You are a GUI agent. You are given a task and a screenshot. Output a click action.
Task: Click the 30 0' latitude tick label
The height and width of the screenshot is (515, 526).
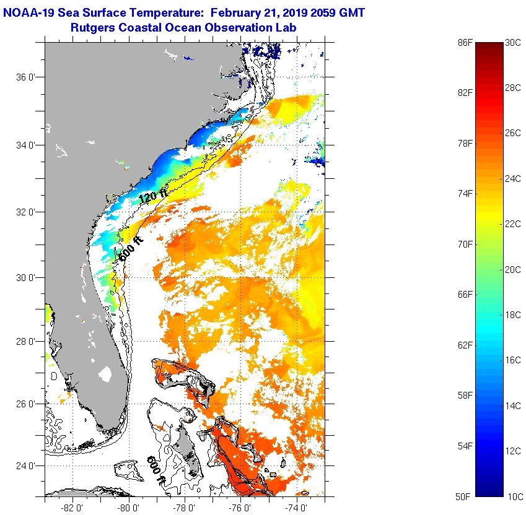(28, 277)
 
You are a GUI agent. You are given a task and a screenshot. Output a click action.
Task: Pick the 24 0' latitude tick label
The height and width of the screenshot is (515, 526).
(28, 465)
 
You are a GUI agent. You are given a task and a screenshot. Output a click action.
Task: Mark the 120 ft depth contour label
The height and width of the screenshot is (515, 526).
(153, 197)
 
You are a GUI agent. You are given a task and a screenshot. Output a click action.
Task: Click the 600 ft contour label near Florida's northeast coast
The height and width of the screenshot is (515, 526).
(129, 248)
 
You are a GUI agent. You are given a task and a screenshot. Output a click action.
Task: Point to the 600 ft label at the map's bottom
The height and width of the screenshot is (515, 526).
(156, 470)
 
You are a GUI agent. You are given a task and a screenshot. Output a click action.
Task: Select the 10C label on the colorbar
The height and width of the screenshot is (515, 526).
(514, 496)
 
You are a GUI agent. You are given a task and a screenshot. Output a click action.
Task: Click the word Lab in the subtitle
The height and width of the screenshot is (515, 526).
(286, 27)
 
